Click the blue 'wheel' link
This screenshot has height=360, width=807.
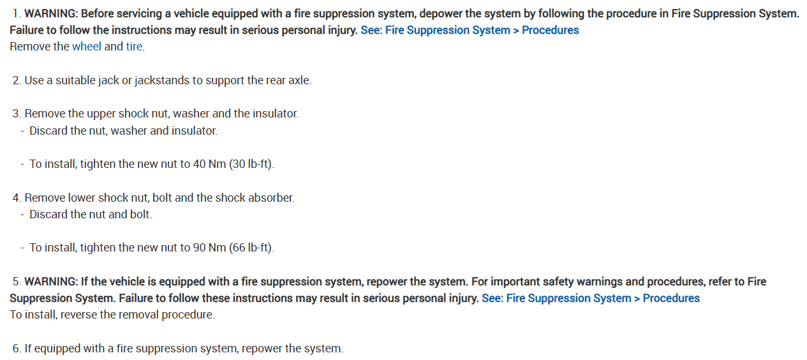point(87,47)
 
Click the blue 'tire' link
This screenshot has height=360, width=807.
point(134,47)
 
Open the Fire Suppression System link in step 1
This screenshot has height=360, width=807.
point(470,30)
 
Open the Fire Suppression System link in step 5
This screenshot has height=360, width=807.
point(590,298)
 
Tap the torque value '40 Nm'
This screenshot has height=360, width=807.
point(209,164)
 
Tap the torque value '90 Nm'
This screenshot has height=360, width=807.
point(209,248)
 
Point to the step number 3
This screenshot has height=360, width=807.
point(16,114)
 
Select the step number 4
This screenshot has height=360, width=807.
point(16,198)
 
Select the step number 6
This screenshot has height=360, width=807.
point(16,349)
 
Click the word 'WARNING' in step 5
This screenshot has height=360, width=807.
point(50,281)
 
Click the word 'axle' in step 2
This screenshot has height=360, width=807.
point(299,80)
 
